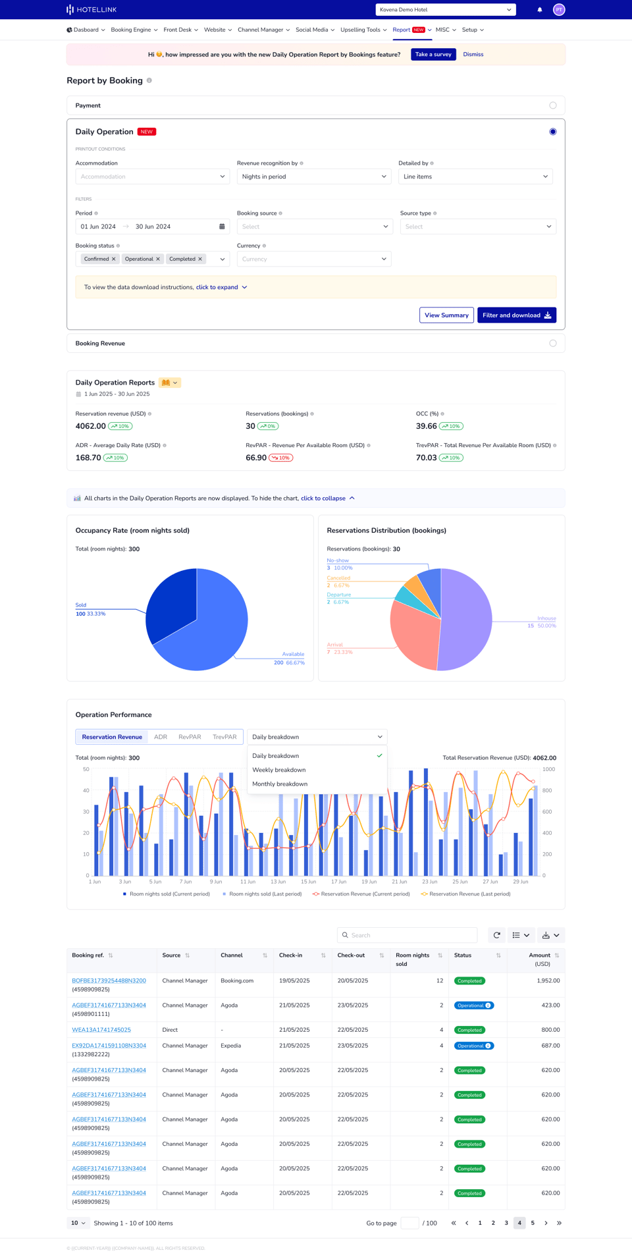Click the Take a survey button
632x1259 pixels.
pyautogui.click(x=433, y=55)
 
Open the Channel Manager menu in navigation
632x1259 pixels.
pyautogui.click(x=263, y=30)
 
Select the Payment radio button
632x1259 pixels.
pyautogui.click(x=552, y=105)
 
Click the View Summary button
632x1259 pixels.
pyautogui.click(x=446, y=315)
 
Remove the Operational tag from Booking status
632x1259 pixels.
pyautogui.click(x=158, y=259)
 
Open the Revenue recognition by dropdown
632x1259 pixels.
pyautogui.click(x=313, y=176)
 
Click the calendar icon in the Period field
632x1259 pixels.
pyautogui.click(x=222, y=227)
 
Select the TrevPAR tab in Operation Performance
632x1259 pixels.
pyautogui.click(x=224, y=737)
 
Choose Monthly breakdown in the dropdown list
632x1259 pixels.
pyautogui.click(x=280, y=784)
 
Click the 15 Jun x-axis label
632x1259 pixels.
pyautogui.click(x=308, y=882)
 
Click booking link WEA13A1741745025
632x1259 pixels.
pyautogui.click(x=101, y=1030)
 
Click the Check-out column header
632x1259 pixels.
pyautogui.click(x=351, y=955)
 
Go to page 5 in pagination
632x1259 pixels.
pyautogui.click(x=533, y=1223)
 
